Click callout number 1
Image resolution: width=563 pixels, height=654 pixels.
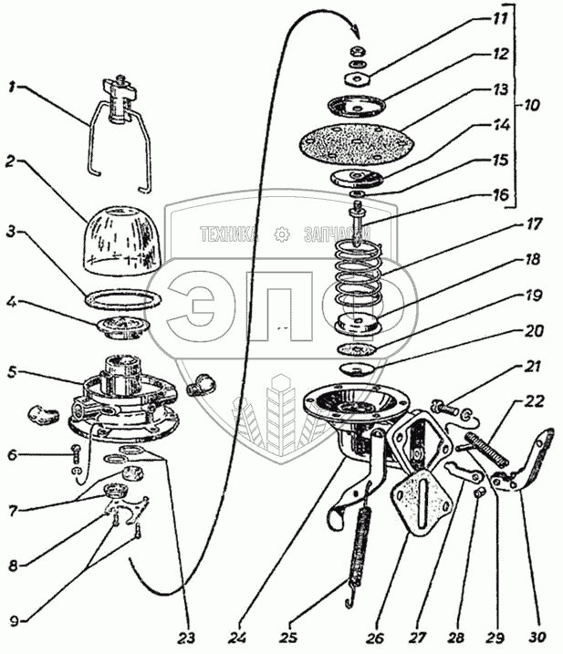pos(12,88)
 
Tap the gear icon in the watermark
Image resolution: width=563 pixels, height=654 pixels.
pos(284,234)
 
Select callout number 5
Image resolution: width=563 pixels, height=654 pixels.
pos(12,372)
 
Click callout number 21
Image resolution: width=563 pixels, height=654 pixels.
pos(531,368)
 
